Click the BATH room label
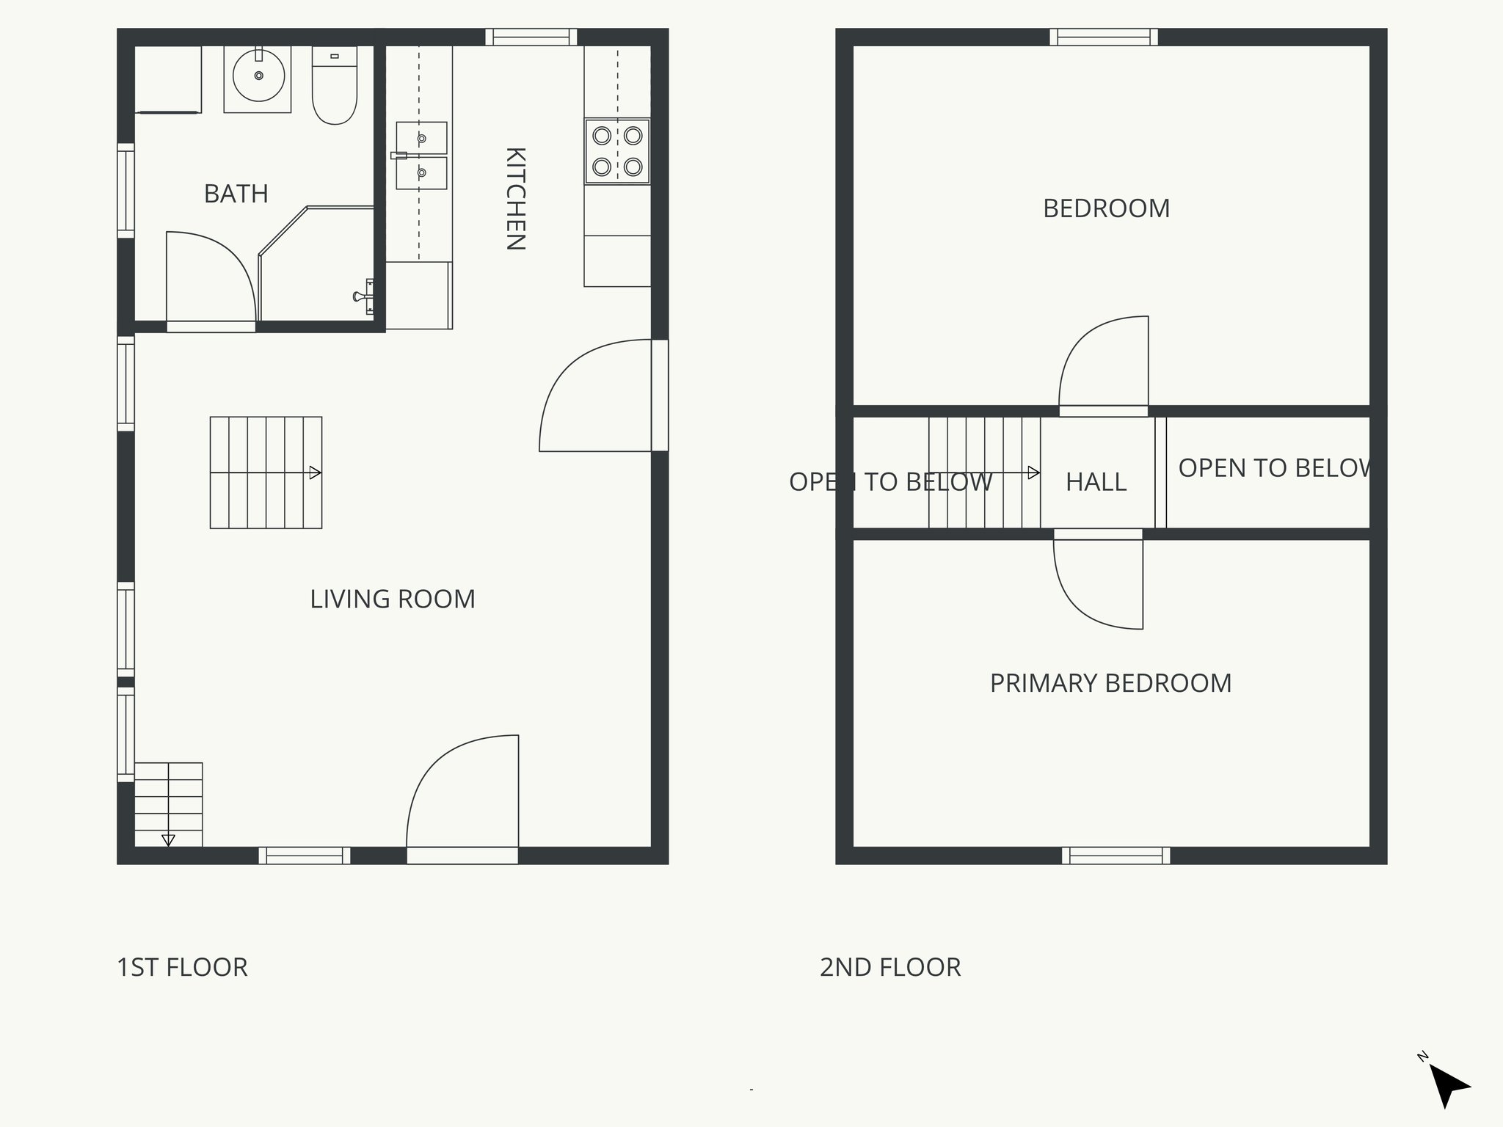tap(236, 194)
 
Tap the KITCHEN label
tap(516, 199)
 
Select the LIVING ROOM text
tap(392, 599)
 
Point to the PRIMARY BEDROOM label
tap(1110, 683)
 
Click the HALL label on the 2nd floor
tap(1096, 482)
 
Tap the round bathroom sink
tap(258, 76)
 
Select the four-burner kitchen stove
tap(617, 151)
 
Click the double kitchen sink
tap(421, 156)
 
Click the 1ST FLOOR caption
tap(182, 967)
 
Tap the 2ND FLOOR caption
tap(890, 967)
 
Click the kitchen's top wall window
tap(531, 37)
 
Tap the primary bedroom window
tap(1116, 856)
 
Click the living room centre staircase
tap(266, 473)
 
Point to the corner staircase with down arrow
tap(168, 805)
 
